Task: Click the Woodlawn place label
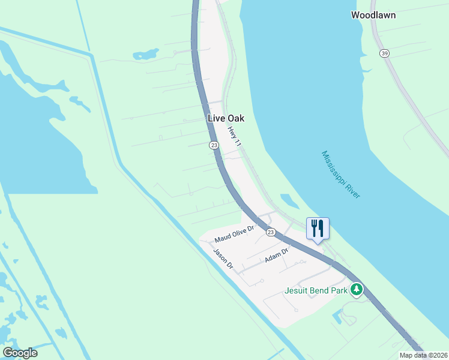coord(373,15)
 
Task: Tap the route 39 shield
coord(384,53)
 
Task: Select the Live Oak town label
coord(226,119)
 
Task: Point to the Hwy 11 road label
coord(234,137)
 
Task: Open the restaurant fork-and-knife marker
coord(318,228)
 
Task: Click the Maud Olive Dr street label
coord(235,234)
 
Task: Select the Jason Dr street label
coord(223,259)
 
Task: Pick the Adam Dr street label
coord(277,256)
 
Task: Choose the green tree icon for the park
coord(357,290)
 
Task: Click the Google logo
coord(20,353)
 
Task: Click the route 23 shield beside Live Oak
coord(214,145)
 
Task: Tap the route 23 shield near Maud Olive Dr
coord(271,232)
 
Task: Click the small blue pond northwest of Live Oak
coord(145,55)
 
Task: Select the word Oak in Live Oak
coord(235,119)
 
